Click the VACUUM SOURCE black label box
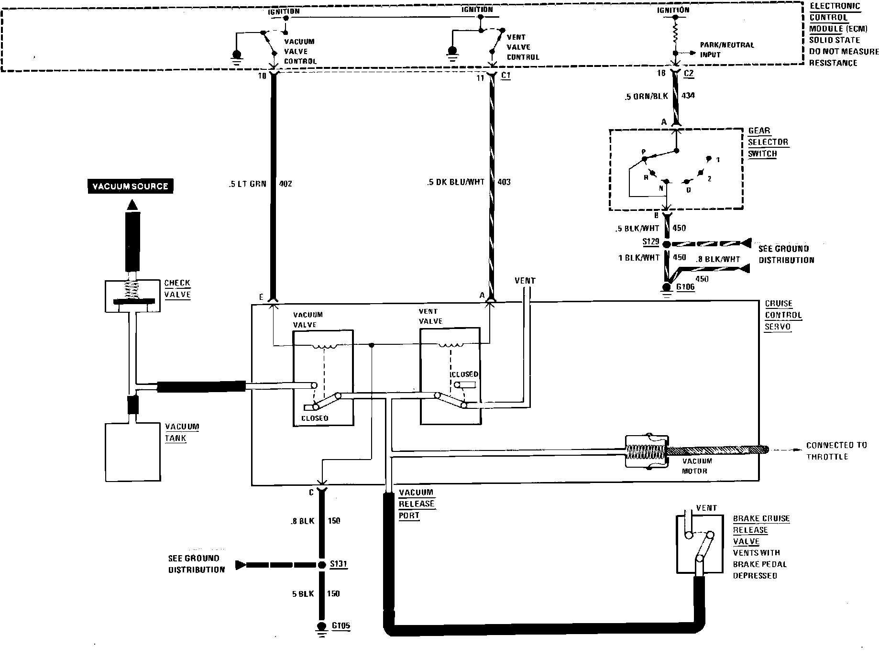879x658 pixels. click(130, 186)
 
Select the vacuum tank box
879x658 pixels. click(133, 451)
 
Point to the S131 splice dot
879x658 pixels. click(321, 565)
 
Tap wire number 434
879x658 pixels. click(688, 96)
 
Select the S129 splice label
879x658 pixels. click(651, 241)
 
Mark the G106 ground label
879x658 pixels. click(685, 287)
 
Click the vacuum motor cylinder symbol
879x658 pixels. click(646, 451)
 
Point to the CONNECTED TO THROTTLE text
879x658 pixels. click(836, 451)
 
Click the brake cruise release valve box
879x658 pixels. click(699, 544)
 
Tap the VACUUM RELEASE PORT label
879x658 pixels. click(417, 504)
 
